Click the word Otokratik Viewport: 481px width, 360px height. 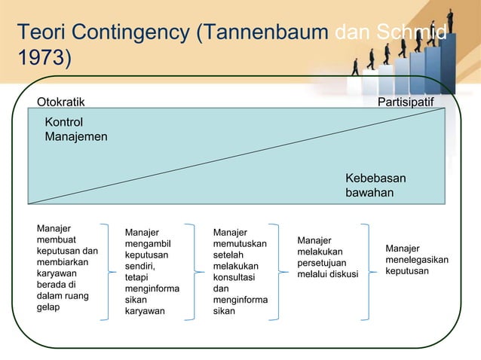61,102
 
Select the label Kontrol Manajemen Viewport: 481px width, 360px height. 75,130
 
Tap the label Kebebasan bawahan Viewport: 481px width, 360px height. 375,185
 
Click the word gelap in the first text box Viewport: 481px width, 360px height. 51,307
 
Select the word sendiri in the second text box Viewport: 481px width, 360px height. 140,266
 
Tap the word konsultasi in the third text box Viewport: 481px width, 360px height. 233,277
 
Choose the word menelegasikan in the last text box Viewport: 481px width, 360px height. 416,260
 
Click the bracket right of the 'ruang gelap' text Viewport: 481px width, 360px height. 109,272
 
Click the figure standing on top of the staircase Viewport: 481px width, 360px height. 450,16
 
